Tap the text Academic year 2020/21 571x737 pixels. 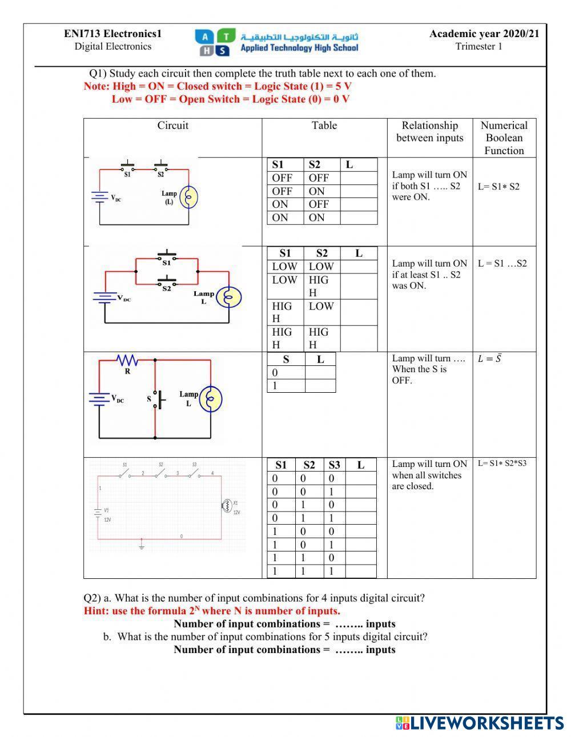[x=484, y=34]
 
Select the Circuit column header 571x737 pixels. [x=172, y=126]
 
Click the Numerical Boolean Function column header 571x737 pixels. [x=504, y=138]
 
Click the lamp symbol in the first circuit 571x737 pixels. [x=189, y=198]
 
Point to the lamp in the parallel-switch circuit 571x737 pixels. [x=232, y=297]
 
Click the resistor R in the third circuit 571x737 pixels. [x=127, y=361]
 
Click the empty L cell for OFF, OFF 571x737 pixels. [x=359, y=178]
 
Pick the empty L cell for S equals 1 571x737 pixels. [x=320, y=386]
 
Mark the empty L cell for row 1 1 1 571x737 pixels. [x=360, y=571]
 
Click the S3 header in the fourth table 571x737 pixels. [x=334, y=465]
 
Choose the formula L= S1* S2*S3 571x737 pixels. [x=502, y=464]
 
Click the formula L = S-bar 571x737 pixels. [x=489, y=359]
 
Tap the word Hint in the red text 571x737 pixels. [x=95, y=611]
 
